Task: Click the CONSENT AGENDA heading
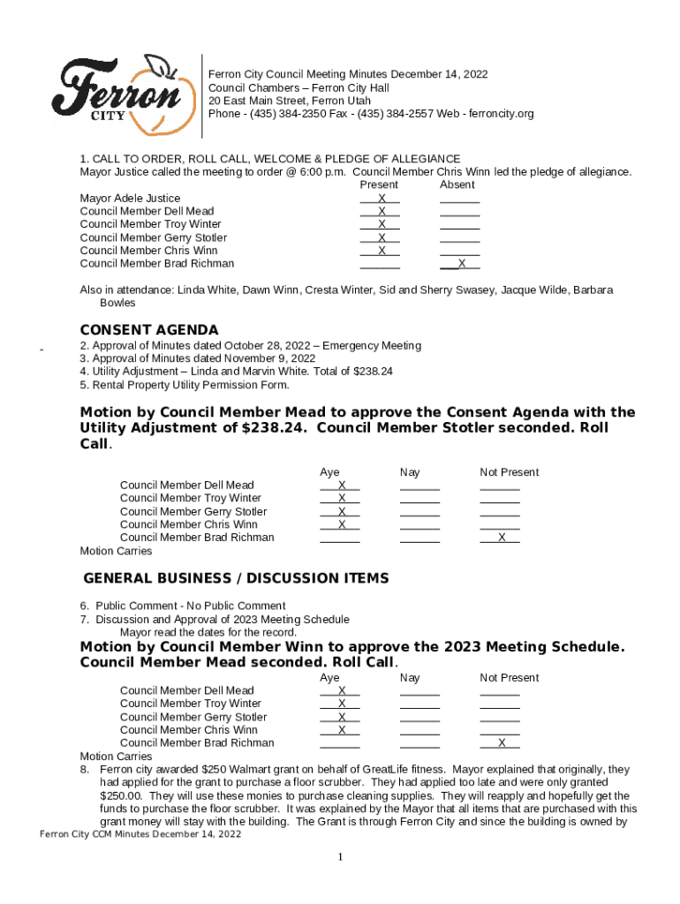click(x=149, y=330)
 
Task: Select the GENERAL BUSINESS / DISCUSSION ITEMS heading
click(x=236, y=578)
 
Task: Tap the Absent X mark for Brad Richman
click(x=462, y=264)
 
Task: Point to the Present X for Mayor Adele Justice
click(x=382, y=199)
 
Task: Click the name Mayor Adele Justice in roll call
click(x=130, y=199)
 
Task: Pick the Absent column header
click(x=457, y=185)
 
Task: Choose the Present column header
click(x=379, y=185)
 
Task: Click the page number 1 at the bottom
click(x=340, y=857)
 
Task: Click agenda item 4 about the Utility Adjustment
click(x=236, y=372)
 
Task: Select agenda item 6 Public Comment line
click(x=184, y=606)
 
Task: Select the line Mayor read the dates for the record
click(x=208, y=632)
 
